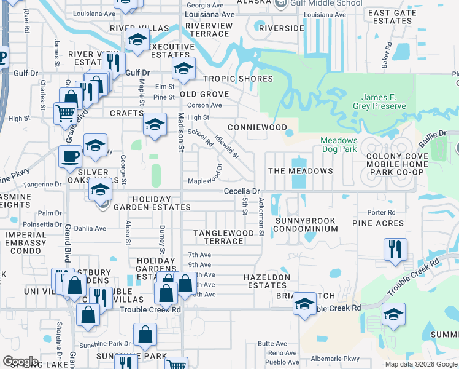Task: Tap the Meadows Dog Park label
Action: click(339, 145)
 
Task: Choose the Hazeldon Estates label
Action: click(266, 282)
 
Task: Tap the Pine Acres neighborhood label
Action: click(378, 223)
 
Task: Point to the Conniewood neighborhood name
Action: click(257, 127)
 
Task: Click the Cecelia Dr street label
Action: click(242, 191)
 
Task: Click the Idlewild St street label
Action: click(227, 148)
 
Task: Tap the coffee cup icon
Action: click(71, 156)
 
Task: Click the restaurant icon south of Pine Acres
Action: click(393, 248)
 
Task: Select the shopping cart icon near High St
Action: click(65, 113)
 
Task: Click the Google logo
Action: click(20, 362)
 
